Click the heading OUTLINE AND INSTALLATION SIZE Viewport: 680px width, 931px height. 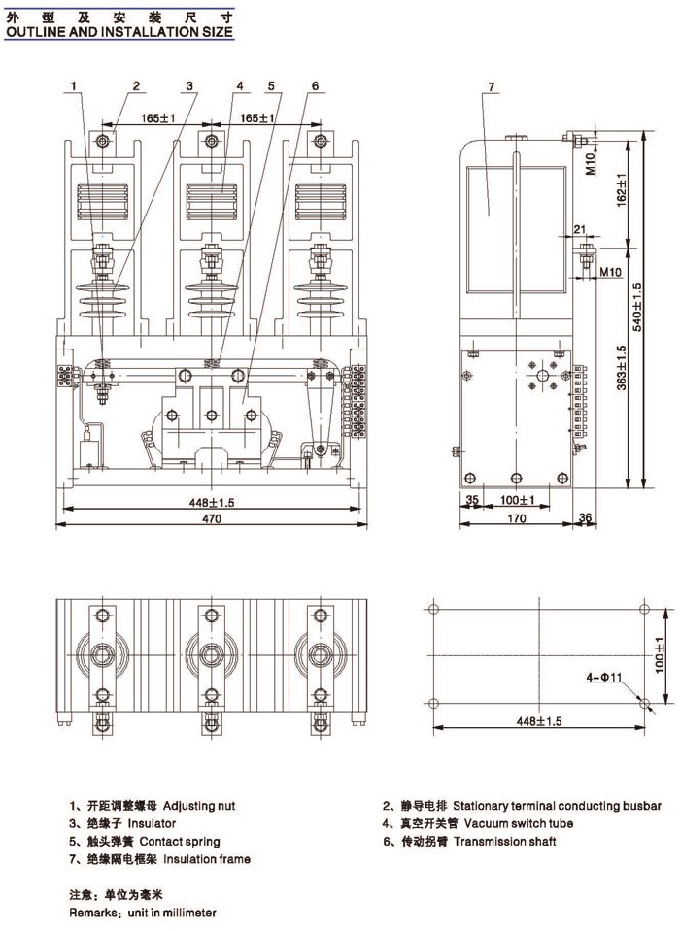119,31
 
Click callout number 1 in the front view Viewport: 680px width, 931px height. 73,86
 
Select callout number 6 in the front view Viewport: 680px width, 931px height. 315,86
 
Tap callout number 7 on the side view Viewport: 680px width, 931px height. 492,88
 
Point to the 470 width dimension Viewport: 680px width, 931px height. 212,519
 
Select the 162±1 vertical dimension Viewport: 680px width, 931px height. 619,186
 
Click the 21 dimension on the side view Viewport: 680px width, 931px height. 580,229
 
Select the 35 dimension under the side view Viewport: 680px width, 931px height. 473,501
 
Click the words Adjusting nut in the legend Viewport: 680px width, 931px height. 199,806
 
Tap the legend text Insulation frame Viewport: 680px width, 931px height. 206,859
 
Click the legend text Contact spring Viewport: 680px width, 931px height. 180,841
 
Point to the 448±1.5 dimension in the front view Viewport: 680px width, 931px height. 212,502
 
